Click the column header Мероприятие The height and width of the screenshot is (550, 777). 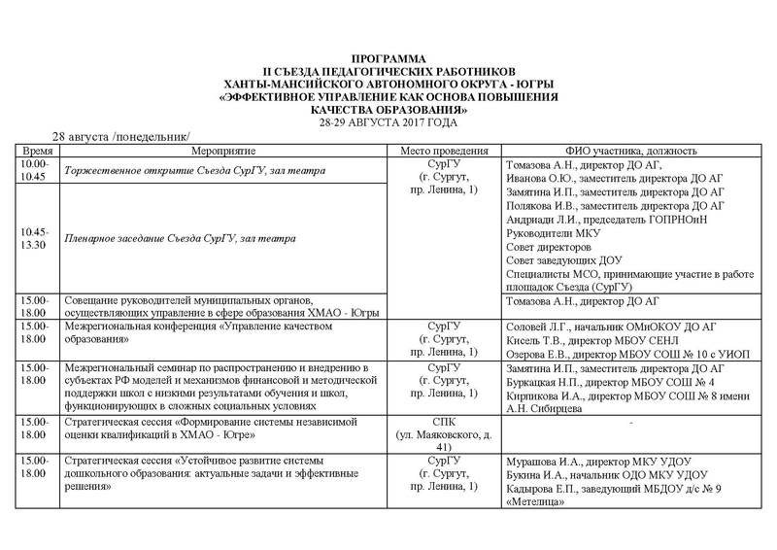(222, 153)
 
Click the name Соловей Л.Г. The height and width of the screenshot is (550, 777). (539, 327)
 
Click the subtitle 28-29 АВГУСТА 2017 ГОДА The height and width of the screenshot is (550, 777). (388, 123)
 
